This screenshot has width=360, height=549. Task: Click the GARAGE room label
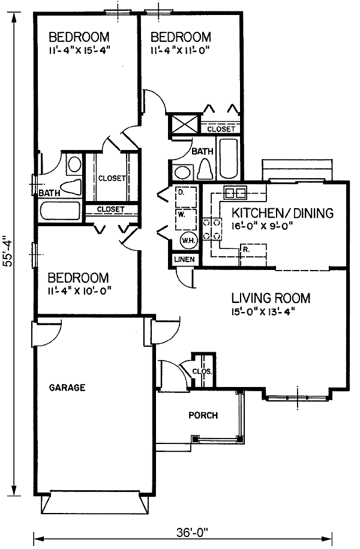point(67,388)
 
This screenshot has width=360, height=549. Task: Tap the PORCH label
point(203,415)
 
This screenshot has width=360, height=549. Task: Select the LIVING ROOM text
point(271,298)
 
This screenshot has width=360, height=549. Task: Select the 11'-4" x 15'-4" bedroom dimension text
point(79,50)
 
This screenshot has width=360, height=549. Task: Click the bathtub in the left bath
point(59,211)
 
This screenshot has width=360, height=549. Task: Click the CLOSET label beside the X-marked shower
point(222,129)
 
